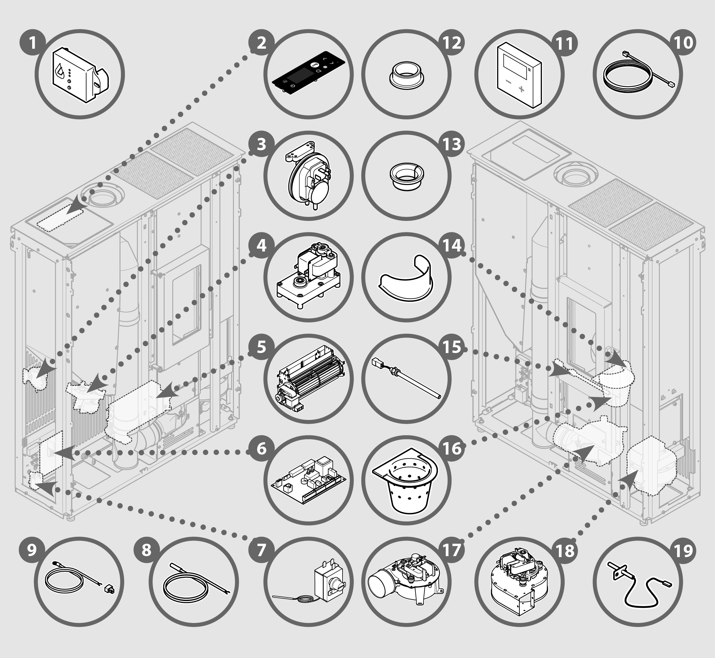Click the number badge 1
coord(32,43)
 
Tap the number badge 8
coord(147,550)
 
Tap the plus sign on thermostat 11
coord(522,89)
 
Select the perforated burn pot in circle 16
coord(406,484)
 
